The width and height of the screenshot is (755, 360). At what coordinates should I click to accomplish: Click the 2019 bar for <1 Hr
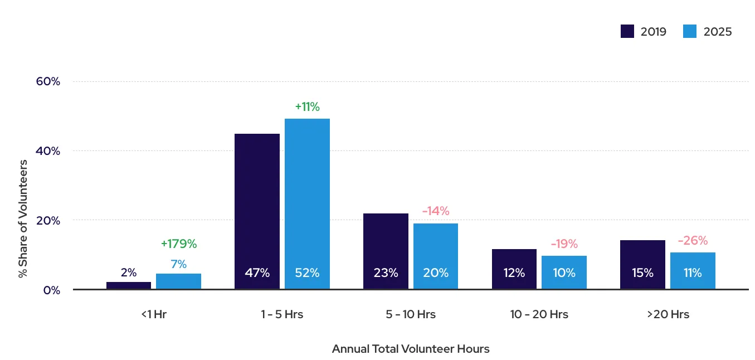click(x=128, y=285)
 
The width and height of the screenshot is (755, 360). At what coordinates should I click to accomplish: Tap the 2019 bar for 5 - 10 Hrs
click(x=386, y=251)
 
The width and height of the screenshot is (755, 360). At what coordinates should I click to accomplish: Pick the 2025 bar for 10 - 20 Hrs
click(x=564, y=272)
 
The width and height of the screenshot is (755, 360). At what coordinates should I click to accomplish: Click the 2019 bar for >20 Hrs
click(x=642, y=264)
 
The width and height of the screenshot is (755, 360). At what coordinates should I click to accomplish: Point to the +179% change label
click(x=179, y=244)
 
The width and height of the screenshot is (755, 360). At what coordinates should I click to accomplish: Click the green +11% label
click(x=307, y=107)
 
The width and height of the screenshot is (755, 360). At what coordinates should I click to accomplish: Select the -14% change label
click(x=436, y=211)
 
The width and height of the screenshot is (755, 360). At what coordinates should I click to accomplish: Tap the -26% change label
click(x=693, y=241)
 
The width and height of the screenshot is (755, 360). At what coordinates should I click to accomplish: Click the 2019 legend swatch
click(x=627, y=32)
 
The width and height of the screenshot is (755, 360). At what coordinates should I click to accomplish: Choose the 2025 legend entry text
click(x=718, y=32)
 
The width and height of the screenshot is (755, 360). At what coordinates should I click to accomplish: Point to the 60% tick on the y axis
click(x=48, y=81)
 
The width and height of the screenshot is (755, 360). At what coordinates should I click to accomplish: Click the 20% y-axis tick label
click(x=48, y=221)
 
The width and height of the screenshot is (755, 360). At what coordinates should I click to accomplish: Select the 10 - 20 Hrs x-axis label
click(x=539, y=314)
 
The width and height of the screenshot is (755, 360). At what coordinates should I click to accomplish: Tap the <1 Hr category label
click(x=154, y=314)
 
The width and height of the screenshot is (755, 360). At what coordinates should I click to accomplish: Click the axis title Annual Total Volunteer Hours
click(x=411, y=349)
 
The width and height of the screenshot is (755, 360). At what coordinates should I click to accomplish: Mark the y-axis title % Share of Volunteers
click(x=23, y=218)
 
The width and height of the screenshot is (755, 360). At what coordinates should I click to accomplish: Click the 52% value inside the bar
click(x=307, y=273)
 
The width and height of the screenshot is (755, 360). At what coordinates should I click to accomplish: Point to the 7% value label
click(x=178, y=264)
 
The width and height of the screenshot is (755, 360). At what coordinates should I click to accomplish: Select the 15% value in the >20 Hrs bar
click(x=642, y=273)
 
